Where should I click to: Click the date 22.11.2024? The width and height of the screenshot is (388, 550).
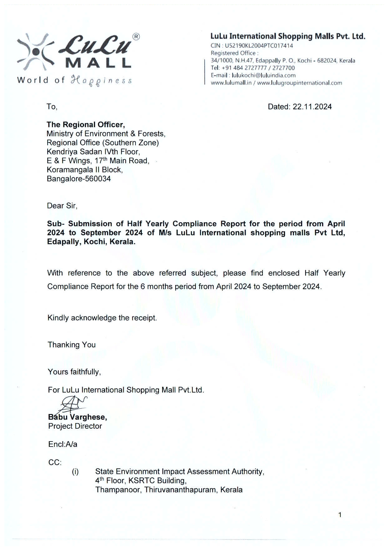click(312, 107)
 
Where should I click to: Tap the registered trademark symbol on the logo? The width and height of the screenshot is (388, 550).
click(136, 37)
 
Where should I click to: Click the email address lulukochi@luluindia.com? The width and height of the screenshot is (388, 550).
click(263, 76)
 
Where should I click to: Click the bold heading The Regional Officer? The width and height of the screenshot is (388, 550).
click(86, 125)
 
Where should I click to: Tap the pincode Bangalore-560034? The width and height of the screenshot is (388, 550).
click(79, 179)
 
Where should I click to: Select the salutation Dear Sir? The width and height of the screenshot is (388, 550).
click(62, 206)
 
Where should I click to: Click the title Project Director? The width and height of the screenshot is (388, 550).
click(75, 426)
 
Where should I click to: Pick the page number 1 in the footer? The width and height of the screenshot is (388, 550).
click(340, 515)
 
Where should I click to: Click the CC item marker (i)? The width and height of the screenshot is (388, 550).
click(75, 472)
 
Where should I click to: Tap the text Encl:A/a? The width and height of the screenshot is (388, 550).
click(63, 444)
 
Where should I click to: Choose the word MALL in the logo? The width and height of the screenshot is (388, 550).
click(98, 63)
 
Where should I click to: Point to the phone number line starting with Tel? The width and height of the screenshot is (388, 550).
click(253, 68)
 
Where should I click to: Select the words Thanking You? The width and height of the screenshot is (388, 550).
click(71, 345)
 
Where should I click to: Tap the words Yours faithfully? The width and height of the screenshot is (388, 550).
click(74, 372)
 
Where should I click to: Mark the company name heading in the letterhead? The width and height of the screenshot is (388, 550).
click(288, 36)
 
